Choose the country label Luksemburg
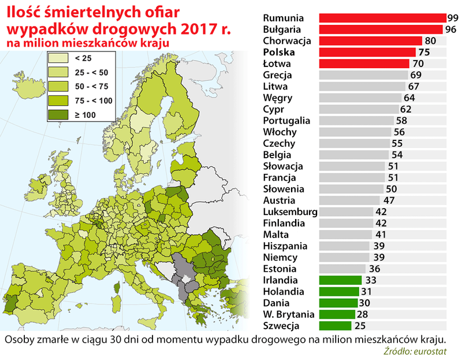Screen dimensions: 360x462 [x=289, y=211]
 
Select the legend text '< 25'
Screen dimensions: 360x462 [x=83, y=58]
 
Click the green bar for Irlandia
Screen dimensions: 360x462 [x=340, y=280]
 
